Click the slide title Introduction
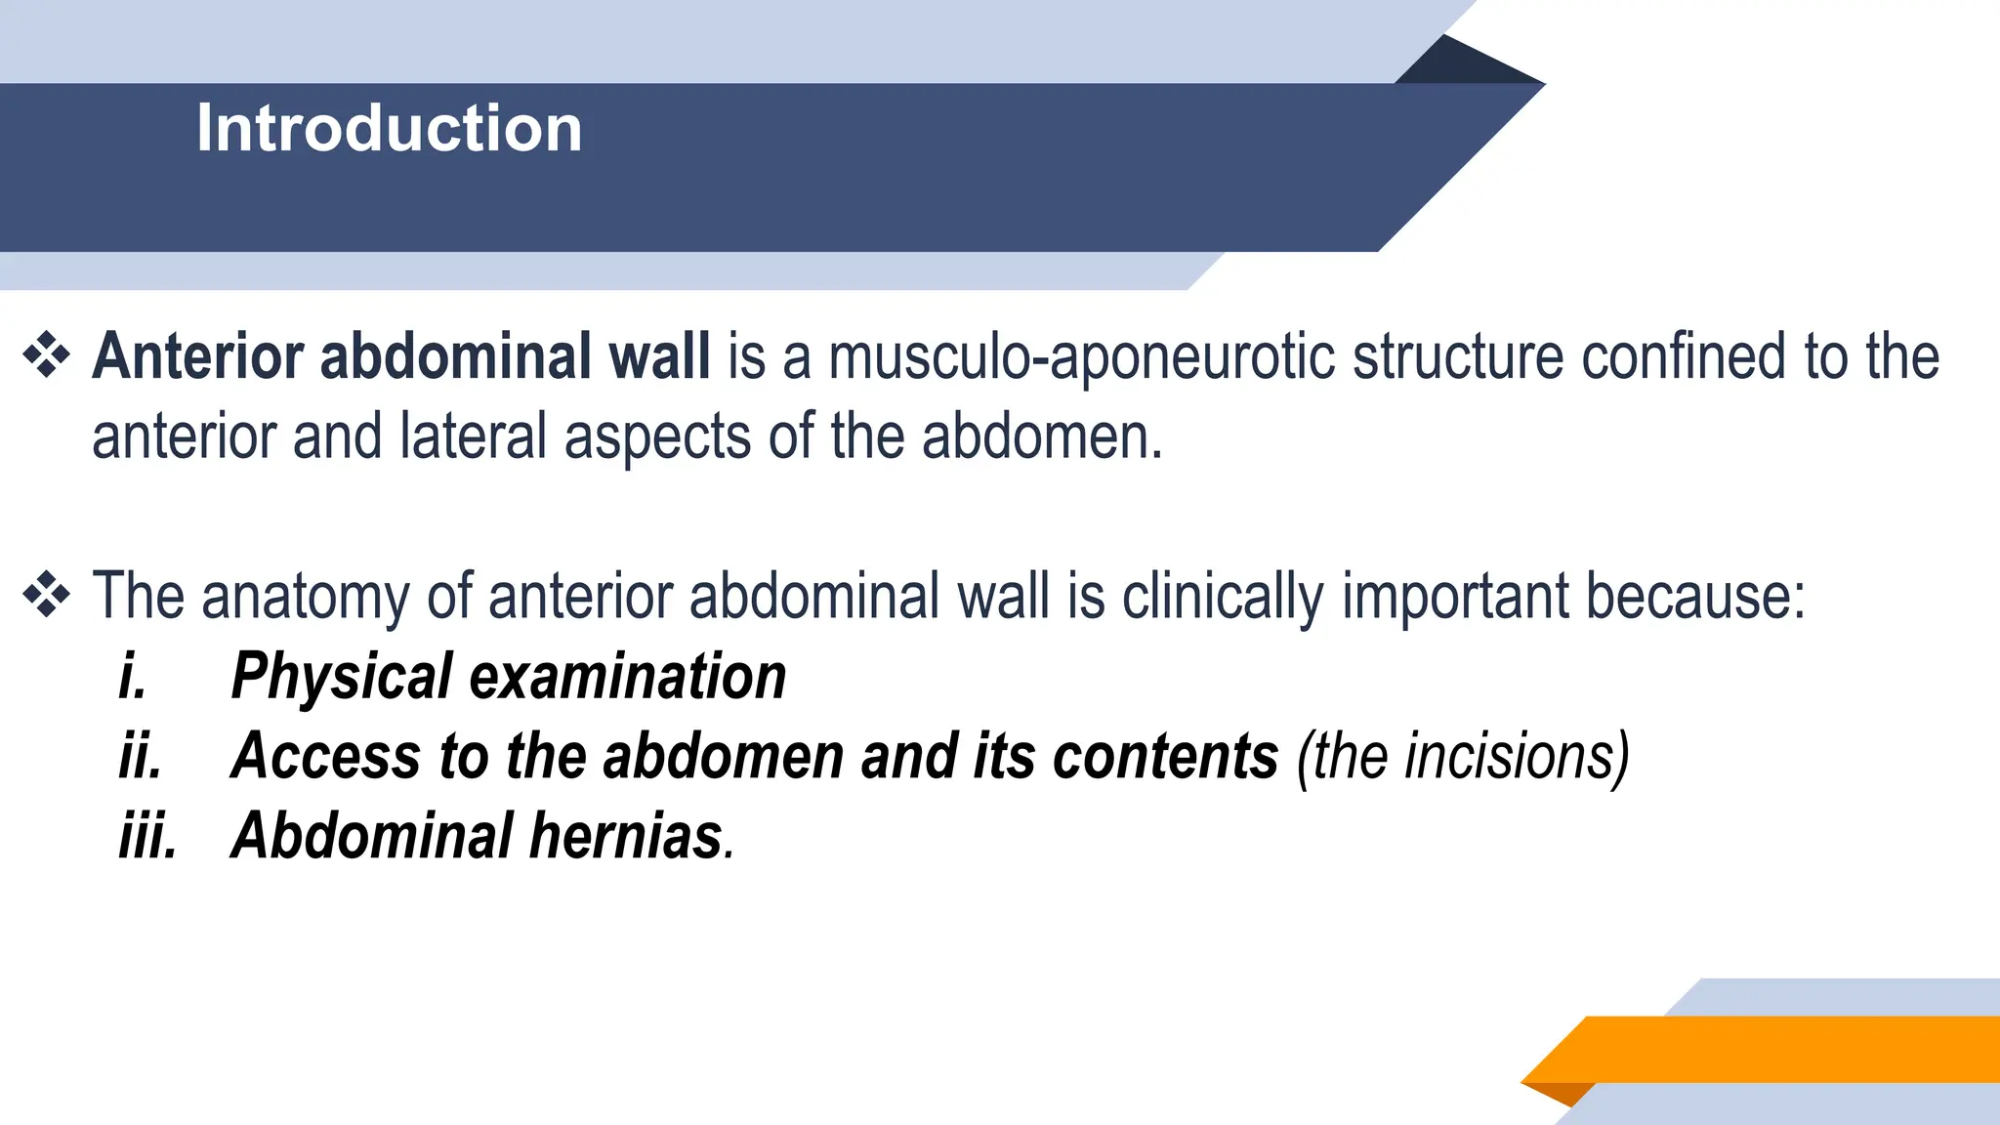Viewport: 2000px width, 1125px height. pyautogui.click(x=389, y=128)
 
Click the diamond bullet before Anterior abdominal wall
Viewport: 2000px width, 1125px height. pyautogui.click(x=46, y=355)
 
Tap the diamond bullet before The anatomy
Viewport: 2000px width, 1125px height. pyautogui.click(x=46, y=595)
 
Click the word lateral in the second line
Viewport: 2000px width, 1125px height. pyautogui.click(x=473, y=437)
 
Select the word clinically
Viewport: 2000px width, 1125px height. pyautogui.click(x=1223, y=597)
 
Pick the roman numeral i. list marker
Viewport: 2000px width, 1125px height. pyautogui.click(x=133, y=676)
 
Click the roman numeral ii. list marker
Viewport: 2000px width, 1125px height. pyautogui.click(x=141, y=756)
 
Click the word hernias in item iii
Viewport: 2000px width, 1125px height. pyautogui.click(x=625, y=836)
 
